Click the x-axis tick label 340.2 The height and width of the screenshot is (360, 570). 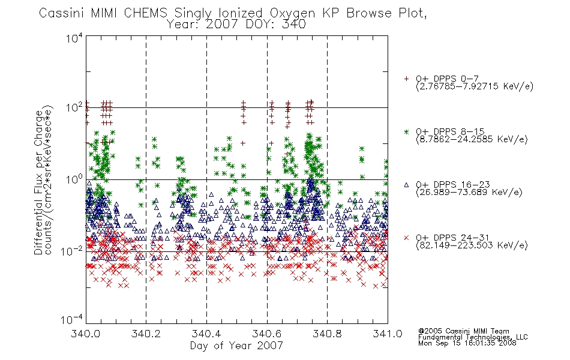point(146,334)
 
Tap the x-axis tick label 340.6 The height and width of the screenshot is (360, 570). point(267,334)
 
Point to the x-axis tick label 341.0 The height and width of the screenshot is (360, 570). point(388,334)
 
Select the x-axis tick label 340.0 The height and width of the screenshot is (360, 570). point(86,334)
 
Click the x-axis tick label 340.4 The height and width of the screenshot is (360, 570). point(206,334)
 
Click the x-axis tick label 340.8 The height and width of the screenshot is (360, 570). point(327,334)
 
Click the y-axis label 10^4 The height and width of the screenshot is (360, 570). point(74,38)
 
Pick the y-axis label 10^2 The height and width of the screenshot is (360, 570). point(74,108)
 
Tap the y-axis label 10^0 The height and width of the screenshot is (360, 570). point(74,179)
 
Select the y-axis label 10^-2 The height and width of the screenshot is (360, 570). point(72,251)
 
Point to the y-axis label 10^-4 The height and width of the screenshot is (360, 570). point(72,319)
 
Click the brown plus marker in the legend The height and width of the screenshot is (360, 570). point(406,79)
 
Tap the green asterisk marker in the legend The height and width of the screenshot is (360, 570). point(406,131)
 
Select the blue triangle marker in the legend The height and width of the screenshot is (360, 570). point(406,185)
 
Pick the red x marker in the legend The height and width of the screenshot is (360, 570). point(406,238)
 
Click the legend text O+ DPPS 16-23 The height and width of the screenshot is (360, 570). point(453,185)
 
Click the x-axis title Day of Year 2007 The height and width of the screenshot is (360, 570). point(236,346)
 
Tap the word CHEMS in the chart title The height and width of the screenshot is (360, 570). point(145,13)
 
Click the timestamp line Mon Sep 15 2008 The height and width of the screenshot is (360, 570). point(467,343)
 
